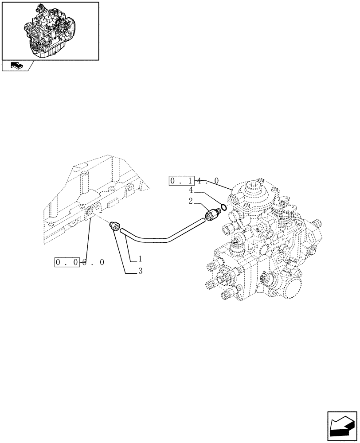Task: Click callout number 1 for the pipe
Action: tap(140, 258)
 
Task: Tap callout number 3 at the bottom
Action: tap(140, 271)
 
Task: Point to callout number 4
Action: tap(191, 190)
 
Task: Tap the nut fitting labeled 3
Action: tap(114, 227)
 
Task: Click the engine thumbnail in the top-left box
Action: tap(50, 30)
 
